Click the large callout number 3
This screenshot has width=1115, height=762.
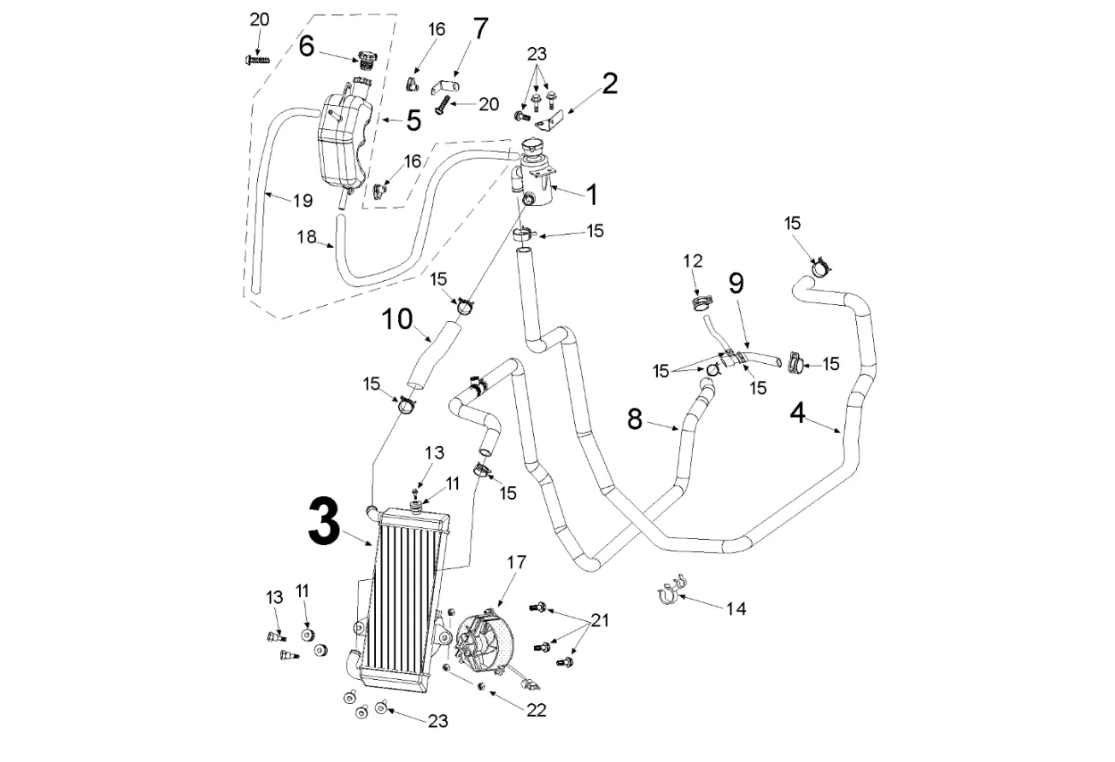[x=325, y=523]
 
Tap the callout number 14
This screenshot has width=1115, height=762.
[x=736, y=608]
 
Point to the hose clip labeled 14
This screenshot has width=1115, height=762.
[x=670, y=590]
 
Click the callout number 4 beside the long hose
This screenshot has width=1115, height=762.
[x=796, y=413]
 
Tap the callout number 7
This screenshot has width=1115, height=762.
[x=480, y=28]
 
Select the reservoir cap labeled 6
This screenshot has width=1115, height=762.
[x=367, y=59]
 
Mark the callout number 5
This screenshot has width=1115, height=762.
[x=414, y=120]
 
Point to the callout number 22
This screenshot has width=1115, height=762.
[x=536, y=709]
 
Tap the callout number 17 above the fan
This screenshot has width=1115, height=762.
[x=516, y=562]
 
